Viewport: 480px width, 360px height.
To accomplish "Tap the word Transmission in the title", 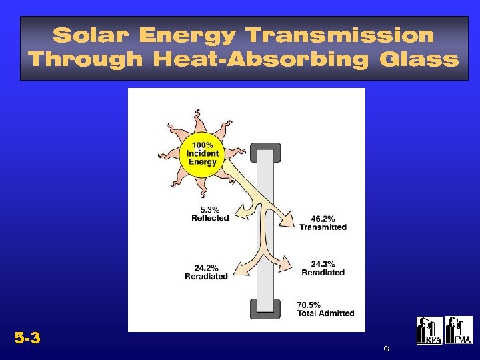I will point(339,35).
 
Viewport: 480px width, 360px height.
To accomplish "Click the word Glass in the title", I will point(419,60).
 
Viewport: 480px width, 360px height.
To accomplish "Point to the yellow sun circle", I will point(202,154).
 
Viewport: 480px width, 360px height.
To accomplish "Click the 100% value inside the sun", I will point(203,145).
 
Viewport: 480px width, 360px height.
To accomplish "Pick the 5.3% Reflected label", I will point(210,213).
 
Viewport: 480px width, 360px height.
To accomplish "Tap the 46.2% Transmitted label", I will point(323,223).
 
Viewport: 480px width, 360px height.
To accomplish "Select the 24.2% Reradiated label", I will point(206,272).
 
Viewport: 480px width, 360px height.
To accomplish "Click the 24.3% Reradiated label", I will point(323,268).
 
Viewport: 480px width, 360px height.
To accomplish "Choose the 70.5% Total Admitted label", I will point(325,309).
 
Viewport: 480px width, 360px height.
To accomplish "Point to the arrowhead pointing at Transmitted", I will point(289,221).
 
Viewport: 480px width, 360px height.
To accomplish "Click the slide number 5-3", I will point(27,339).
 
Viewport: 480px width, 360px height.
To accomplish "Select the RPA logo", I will point(429,331).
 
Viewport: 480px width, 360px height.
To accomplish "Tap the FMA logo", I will point(459,331).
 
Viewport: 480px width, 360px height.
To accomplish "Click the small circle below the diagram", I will point(386,349).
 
